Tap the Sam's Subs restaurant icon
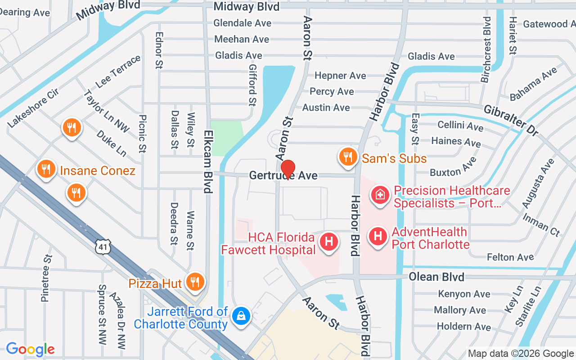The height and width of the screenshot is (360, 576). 347,157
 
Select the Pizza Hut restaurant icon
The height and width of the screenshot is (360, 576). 195,282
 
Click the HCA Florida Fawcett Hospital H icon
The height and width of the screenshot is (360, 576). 328,242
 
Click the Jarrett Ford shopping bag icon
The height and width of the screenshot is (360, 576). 241,315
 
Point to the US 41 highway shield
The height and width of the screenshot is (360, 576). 103,247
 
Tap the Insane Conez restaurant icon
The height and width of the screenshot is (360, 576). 46,170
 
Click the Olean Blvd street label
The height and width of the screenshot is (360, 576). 436,277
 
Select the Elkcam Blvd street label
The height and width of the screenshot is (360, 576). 207,162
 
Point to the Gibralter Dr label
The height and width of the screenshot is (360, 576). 511,121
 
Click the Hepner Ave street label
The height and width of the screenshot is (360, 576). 340,76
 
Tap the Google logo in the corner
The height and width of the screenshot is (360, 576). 30,349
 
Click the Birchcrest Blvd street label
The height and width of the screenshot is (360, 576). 486,49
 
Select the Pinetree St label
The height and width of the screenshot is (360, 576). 47,278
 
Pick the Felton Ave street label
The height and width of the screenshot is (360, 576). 510,257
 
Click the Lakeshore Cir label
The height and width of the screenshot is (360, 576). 33,111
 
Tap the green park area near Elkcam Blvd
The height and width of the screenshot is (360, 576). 226,138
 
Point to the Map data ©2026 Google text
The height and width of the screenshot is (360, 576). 521,354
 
